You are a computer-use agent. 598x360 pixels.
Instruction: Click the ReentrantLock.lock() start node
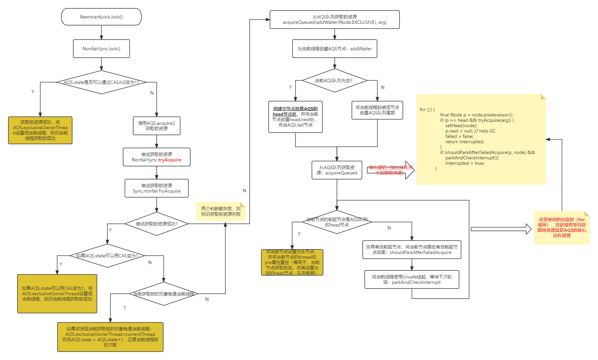101,17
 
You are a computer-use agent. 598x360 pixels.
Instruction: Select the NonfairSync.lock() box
101,49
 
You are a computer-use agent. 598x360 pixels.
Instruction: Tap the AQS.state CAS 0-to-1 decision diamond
101,82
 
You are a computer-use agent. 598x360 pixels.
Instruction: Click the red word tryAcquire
170,160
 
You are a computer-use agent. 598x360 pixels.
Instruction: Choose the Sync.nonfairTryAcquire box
156,188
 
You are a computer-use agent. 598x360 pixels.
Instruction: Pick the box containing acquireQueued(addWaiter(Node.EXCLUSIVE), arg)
335,19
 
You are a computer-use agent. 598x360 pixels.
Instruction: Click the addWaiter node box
335,49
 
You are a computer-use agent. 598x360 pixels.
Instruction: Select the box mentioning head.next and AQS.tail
295,117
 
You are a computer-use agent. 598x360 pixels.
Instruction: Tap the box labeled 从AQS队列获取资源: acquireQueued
337,170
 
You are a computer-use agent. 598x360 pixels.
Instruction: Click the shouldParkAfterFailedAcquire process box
412,250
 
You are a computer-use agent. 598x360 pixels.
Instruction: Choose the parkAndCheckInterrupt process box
412,279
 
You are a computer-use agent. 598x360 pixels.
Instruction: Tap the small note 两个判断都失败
221,211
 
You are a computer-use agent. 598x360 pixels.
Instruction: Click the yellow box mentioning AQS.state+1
110,337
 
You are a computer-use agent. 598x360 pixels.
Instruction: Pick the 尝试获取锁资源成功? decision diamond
156,224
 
